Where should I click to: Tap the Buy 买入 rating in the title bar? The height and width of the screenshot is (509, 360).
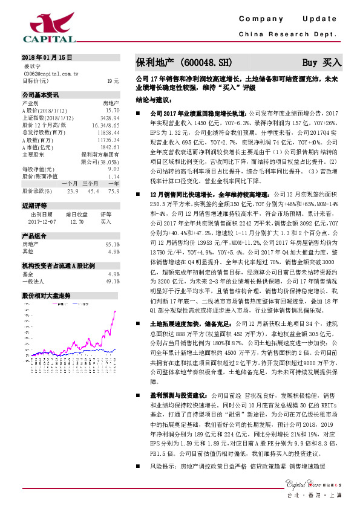(x=322, y=62)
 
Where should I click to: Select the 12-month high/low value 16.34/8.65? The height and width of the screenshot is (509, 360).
(x=105, y=124)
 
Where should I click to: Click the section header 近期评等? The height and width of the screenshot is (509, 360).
(x=34, y=222)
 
